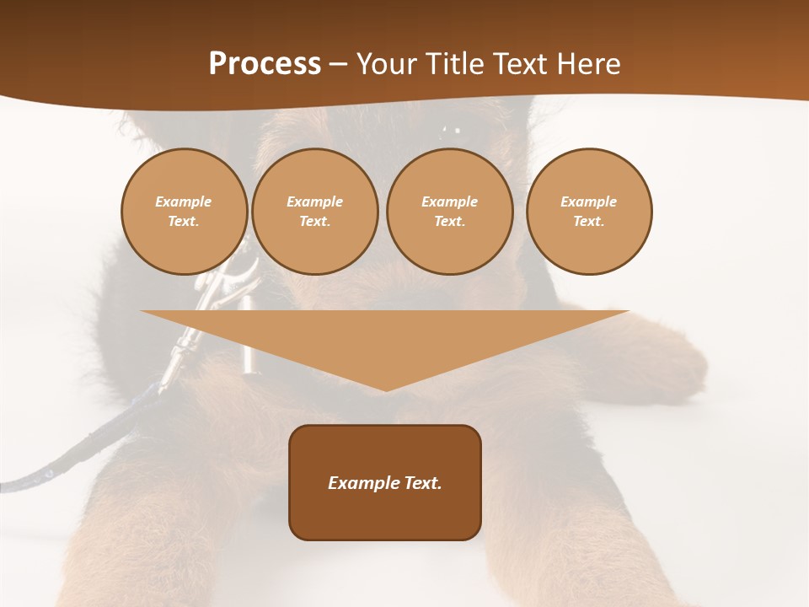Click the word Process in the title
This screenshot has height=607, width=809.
(x=265, y=64)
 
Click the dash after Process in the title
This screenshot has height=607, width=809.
(x=338, y=66)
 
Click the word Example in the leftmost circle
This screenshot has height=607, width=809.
(x=184, y=201)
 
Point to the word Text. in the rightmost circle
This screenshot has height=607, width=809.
(x=589, y=221)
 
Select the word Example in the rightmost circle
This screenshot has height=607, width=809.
(x=589, y=201)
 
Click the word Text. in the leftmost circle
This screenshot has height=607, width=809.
(x=184, y=221)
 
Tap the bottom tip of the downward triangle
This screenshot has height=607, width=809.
(x=385, y=389)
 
